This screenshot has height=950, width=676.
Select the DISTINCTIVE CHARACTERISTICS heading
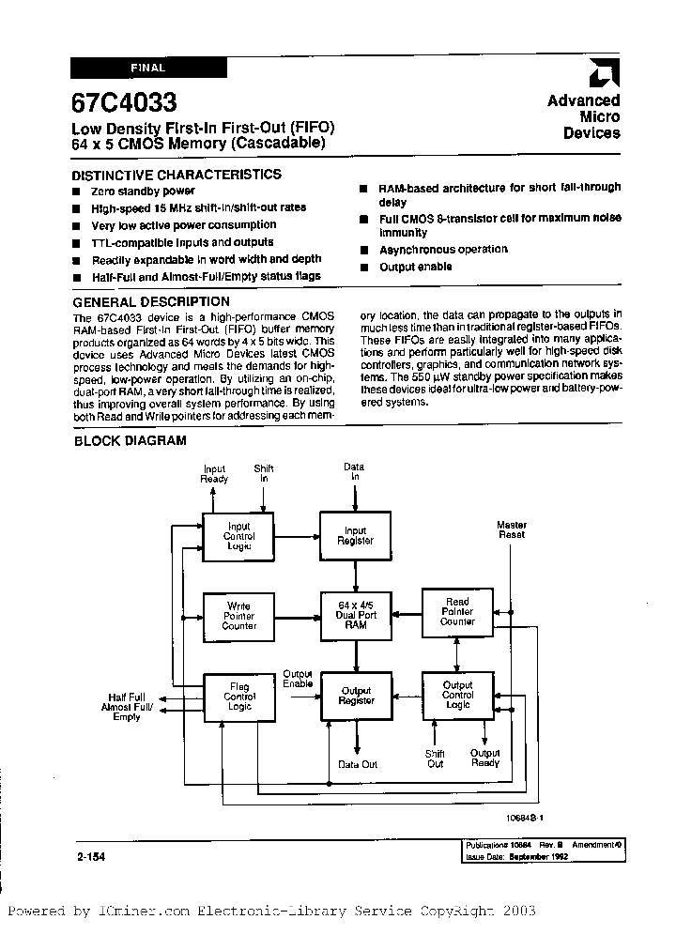tap(177, 175)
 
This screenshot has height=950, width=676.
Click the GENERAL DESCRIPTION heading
tap(151, 301)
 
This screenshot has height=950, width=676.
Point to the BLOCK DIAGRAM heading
tap(130, 440)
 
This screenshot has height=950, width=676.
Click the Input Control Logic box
tap(238, 536)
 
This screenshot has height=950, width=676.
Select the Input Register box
tap(356, 536)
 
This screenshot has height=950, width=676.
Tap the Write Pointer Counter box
tap(238, 616)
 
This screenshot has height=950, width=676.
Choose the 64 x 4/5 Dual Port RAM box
tap(356, 616)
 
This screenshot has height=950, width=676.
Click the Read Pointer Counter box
tap(457, 612)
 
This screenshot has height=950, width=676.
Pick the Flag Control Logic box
tap(238, 697)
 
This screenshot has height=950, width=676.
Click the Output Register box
tap(356, 697)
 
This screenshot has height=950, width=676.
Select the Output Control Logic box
tap(457, 696)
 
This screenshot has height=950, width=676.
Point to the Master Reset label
tap(512, 530)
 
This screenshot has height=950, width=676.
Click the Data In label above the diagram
tap(355, 471)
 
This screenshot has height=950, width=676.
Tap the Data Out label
tap(358, 764)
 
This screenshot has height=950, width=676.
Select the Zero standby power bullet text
tap(137, 191)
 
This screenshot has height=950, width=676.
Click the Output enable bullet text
tap(415, 267)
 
